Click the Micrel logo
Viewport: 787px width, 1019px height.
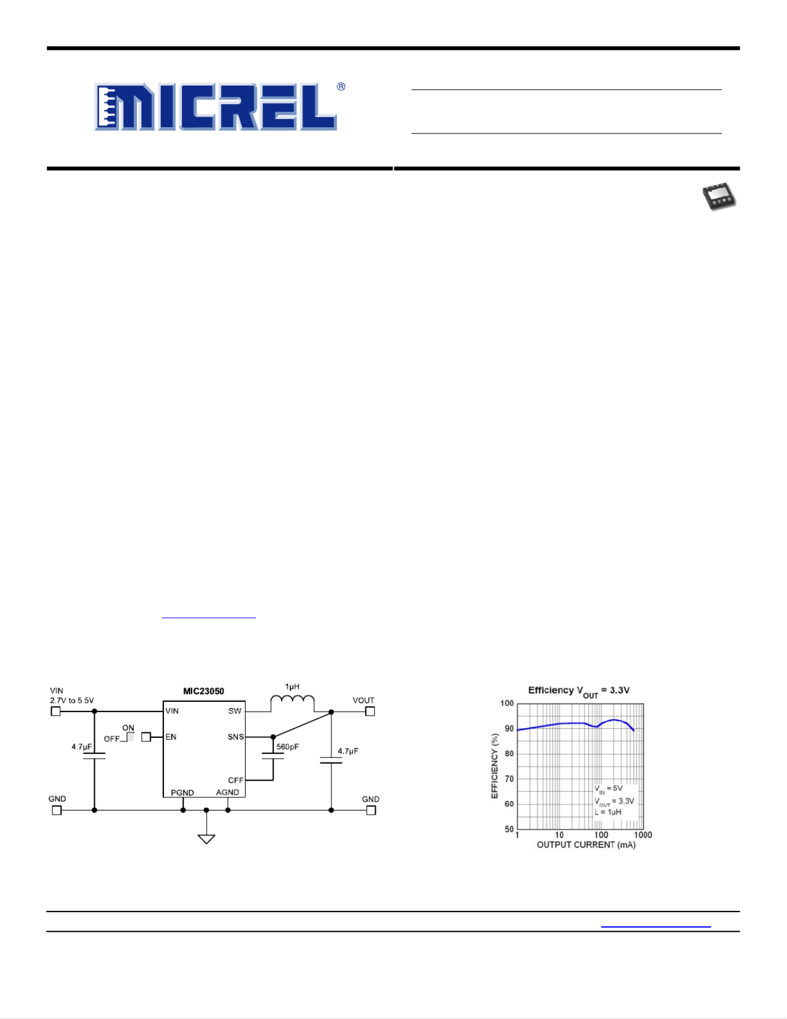pos(220,107)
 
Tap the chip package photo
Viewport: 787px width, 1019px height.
pos(719,197)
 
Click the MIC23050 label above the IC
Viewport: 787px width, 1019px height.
pos(204,692)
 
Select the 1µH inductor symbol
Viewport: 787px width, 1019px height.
pos(292,702)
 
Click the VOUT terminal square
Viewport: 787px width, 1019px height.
pos(370,711)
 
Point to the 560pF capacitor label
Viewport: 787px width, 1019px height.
pos(288,747)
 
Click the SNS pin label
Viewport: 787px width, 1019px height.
pos(235,737)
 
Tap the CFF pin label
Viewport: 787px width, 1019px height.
pos(235,780)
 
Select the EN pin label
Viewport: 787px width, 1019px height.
pos(171,737)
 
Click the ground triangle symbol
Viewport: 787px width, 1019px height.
pos(207,839)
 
